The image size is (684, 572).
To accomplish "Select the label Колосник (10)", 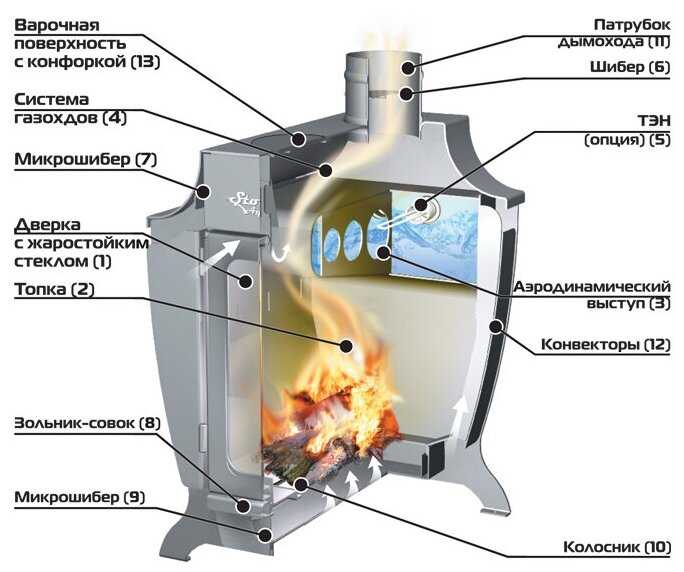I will point(614,546).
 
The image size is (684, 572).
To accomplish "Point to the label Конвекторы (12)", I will point(606,345).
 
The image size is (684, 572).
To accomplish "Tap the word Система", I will point(53,100).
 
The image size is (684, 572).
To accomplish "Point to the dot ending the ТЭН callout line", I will point(420,207).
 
